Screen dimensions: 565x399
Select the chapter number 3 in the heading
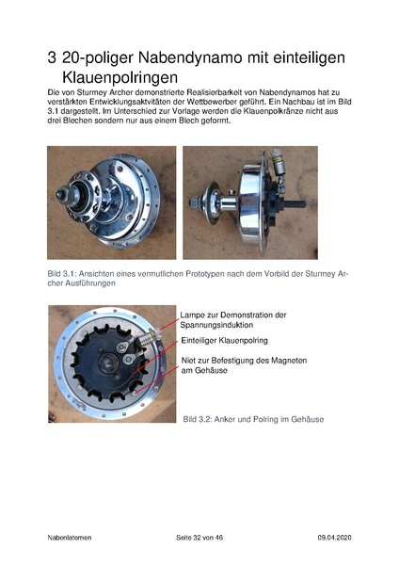click(x=52, y=58)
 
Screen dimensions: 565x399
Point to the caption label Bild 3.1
click(x=62, y=272)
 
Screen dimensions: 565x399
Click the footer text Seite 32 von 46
click(x=199, y=536)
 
